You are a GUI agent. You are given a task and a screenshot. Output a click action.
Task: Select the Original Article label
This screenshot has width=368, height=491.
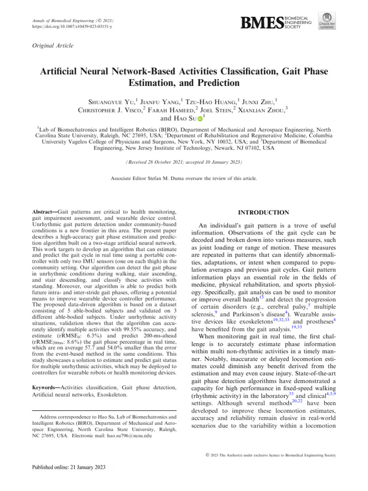(x=53, y=46)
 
